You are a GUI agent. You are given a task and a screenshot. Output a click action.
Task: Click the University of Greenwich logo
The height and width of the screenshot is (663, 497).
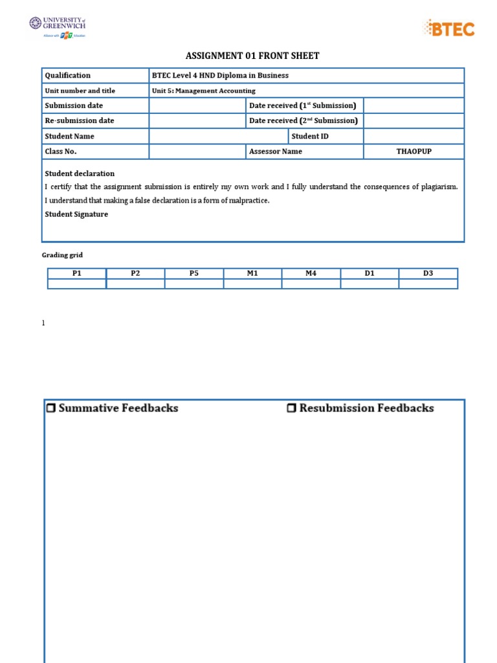pos(57,27)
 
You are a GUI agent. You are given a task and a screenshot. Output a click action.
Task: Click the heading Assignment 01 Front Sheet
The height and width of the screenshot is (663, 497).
pos(252,56)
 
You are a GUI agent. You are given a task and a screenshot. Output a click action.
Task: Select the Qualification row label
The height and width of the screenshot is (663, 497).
pos(68,75)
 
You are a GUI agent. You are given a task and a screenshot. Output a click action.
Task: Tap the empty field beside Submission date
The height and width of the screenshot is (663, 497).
pos(197,106)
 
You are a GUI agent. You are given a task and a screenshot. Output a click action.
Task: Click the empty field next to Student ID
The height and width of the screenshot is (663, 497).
pos(414,136)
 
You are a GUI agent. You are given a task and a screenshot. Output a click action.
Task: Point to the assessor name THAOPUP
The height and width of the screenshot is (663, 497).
pos(414,152)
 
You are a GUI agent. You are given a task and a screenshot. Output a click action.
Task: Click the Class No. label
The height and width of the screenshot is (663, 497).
pos(60,152)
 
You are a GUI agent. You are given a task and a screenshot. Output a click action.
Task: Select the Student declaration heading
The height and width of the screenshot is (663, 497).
pos(80,174)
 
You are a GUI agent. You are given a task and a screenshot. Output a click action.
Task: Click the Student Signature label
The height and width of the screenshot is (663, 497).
pos(76,214)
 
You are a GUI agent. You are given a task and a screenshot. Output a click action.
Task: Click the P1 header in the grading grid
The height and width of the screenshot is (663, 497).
pos(77,273)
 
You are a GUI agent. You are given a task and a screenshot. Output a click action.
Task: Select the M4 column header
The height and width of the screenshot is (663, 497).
pos(311,273)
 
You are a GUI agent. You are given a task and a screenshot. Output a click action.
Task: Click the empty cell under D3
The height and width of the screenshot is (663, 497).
pos(428,284)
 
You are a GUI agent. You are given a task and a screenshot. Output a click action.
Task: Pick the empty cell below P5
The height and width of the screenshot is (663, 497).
pos(194,284)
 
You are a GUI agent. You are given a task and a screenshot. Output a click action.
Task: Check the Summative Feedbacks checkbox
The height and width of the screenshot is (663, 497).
pos(51,409)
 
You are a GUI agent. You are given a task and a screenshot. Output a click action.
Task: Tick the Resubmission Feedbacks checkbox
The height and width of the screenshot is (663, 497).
pos(291,409)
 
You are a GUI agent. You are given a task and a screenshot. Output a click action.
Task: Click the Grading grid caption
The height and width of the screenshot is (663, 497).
pos(63,256)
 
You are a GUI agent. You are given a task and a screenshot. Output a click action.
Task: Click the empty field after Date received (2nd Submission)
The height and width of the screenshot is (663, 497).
pos(414,120)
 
